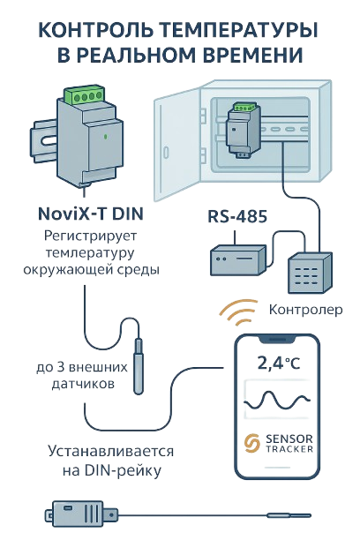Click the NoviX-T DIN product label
[91, 214]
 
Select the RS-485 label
[237, 217]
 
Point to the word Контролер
[305, 310]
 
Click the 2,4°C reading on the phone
[279, 363]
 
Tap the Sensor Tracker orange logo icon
[251, 443]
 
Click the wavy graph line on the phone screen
[277, 401]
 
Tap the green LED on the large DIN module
[105, 137]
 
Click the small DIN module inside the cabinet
[243, 131]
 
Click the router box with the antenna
[237, 259]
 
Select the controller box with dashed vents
[310, 272]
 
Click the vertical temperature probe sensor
[139, 366]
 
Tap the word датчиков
[83, 383]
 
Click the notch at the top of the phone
[277, 340]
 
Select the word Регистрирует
[91, 236]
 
